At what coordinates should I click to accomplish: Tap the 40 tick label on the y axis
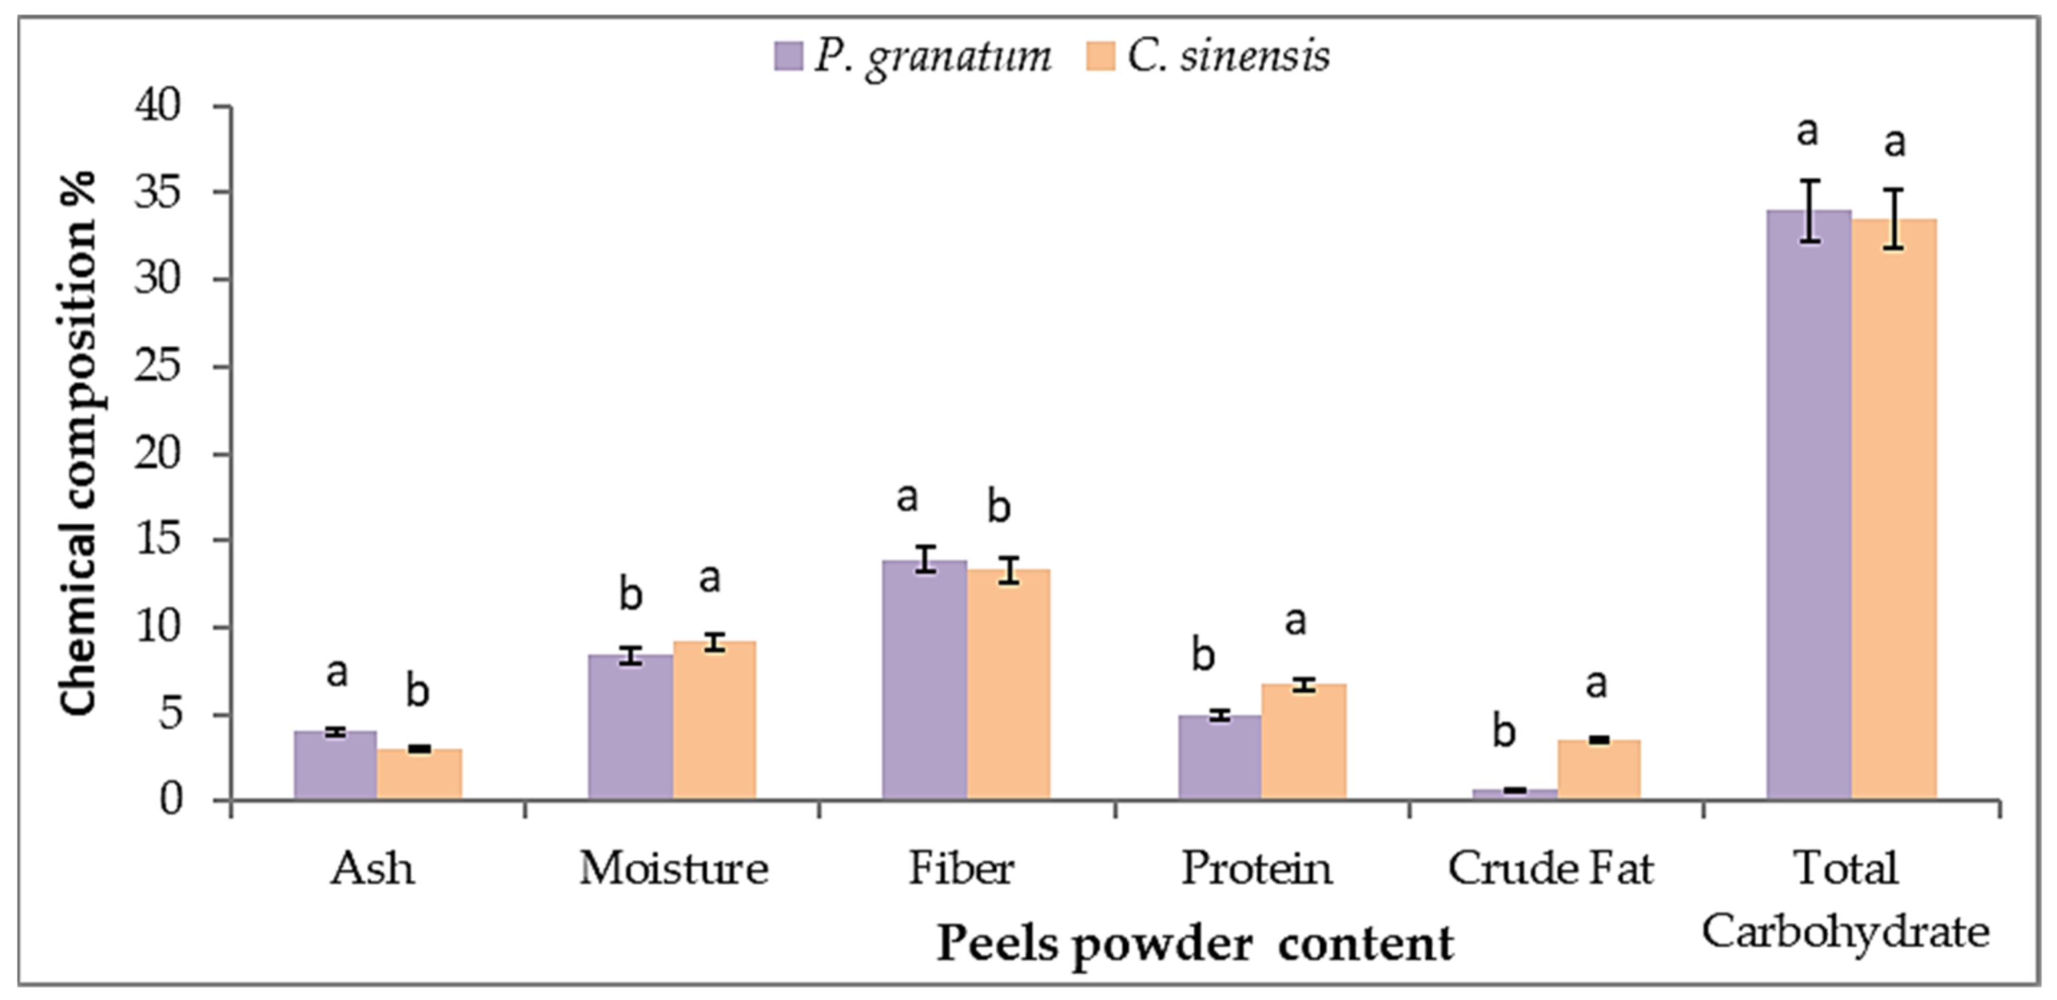coord(158,106)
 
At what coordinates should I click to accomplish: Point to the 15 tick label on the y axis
coord(158,540)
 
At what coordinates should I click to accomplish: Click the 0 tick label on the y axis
coord(170,800)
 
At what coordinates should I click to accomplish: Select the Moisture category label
coord(673,869)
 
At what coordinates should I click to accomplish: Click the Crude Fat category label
coord(1550,869)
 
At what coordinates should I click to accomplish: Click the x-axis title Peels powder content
coord(1194,944)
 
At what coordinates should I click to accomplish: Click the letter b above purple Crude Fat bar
coord(1504,731)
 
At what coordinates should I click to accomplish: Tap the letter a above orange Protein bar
coord(1295,621)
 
